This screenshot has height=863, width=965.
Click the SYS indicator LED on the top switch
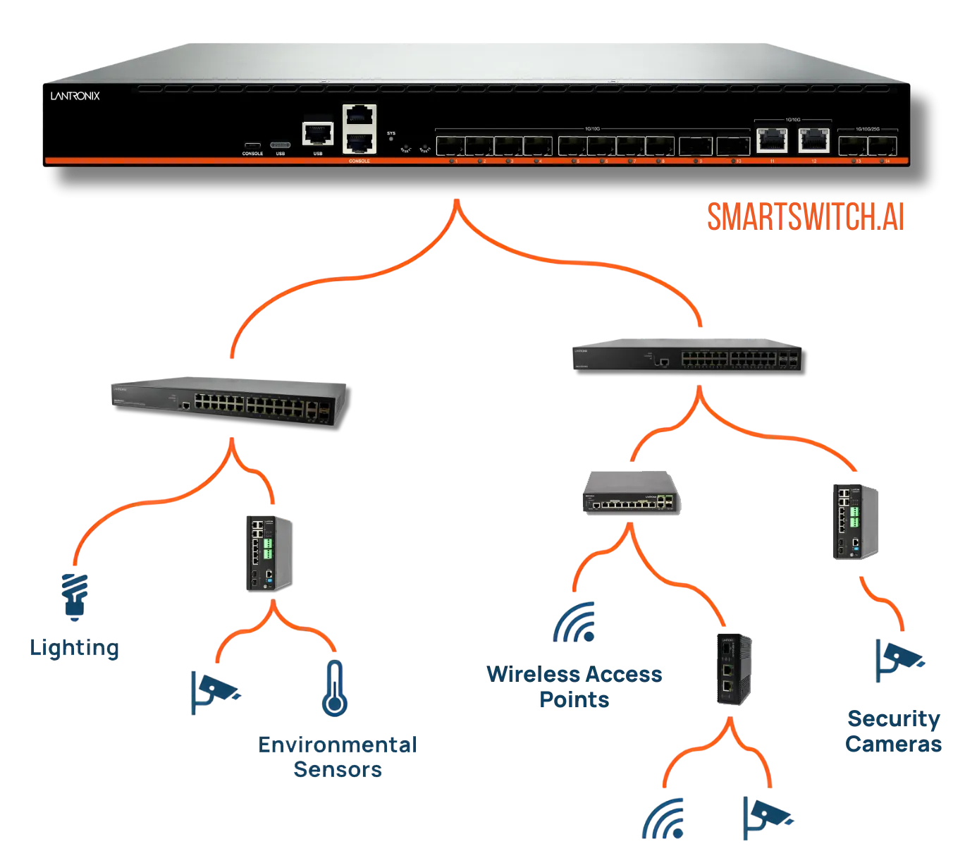pyautogui.click(x=391, y=138)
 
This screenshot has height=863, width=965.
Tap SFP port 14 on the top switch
pyautogui.click(x=884, y=146)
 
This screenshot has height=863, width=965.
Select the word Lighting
pyautogui.click(x=73, y=649)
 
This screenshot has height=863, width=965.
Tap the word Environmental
pyautogui.click(x=338, y=745)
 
